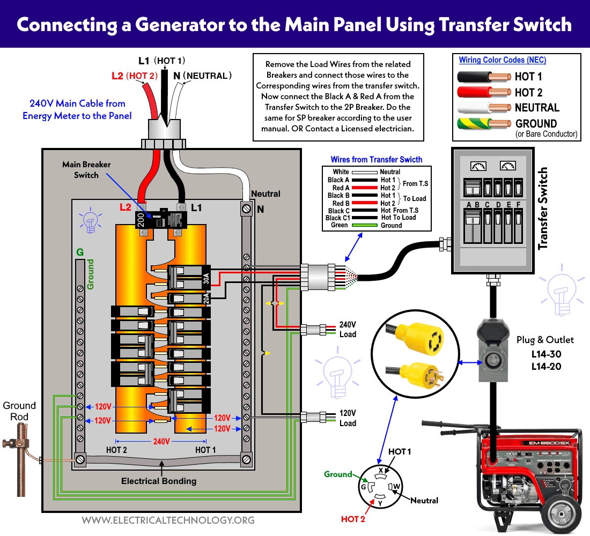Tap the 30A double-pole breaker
[x=188, y=278]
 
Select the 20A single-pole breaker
[x=188, y=299]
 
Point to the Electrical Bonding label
[x=159, y=481]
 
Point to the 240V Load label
[x=348, y=329]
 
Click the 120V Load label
[x=348, y=418]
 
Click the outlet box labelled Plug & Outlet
[x=492, y=351]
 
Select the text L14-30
[x=546, y=354]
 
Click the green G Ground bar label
[x=80, y=252]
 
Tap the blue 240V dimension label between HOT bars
[x=161, y=441]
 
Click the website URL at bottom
[x=168, y=520]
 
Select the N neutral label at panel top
[x=260, y=210]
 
